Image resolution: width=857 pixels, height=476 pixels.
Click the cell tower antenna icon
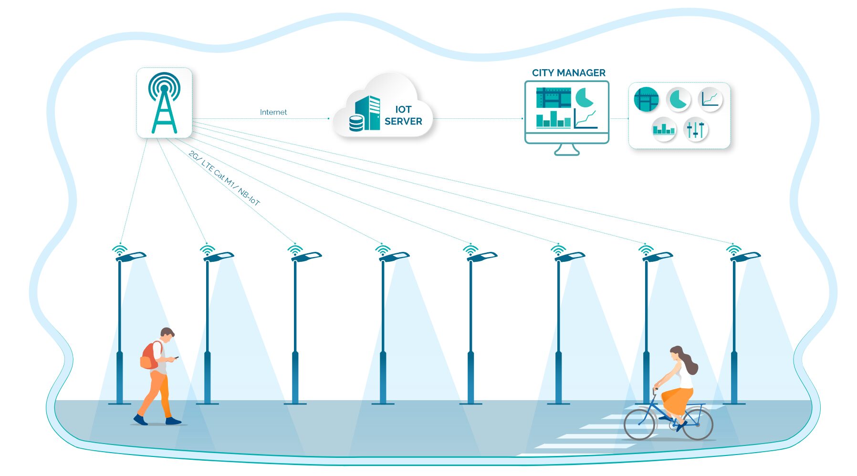tap(164, 103)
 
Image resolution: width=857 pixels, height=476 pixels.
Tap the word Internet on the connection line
tap(273, 112)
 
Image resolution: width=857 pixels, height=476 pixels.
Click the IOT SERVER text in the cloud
tap(403, 115)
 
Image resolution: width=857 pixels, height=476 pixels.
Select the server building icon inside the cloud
tap(367, 113)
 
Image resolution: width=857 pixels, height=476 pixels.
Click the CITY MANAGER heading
tap(568, 73)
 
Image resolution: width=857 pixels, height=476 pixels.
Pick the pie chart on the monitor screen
tap(584, 97)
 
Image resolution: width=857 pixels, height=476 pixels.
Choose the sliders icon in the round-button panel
tap(695, 129)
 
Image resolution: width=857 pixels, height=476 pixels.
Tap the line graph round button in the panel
tap(710, 99)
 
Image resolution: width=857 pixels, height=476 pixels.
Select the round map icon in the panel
tap(646, 100)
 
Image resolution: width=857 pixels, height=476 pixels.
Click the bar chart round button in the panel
tap(664, 129)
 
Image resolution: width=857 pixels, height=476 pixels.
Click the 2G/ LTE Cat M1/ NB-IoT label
tap(224, 178)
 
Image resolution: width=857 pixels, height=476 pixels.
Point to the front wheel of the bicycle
tap(639, 424)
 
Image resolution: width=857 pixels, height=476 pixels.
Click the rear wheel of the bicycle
tap(698, 424)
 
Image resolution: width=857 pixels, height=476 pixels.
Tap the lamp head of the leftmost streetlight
tap(131, 257)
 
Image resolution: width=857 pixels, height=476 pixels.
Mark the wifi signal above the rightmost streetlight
tap(733, 249)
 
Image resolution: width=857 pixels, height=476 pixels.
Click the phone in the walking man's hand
tap(176, 357)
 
